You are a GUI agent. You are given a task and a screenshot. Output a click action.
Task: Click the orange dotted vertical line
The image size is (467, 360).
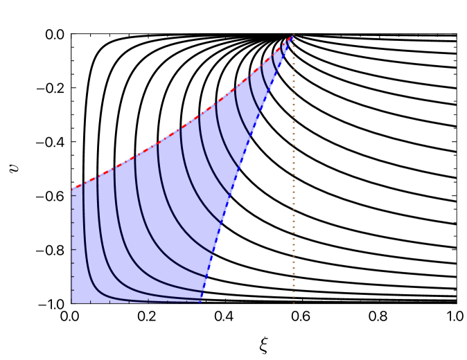tap(293, 173)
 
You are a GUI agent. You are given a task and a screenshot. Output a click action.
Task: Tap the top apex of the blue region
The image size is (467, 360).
tap(292, 37)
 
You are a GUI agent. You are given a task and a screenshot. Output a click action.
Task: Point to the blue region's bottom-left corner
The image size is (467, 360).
tap(73, 302)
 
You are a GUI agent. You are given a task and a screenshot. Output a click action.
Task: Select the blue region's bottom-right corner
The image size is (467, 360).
tap(201, 302)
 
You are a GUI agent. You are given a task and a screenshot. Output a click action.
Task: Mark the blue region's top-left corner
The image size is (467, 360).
tap(73, 189)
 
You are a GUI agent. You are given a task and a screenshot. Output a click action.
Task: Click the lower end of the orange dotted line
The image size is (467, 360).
tap(293, 301)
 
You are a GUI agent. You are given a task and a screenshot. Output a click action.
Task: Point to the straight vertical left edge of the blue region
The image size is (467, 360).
tap(72, 249)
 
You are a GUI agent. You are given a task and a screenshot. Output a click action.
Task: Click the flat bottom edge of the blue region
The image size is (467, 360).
tap(139, 303)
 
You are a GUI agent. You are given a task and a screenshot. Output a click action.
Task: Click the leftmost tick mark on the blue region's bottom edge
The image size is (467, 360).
tap(91, 301)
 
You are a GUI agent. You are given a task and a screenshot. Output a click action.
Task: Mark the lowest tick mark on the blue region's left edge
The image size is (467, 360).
tap(73, 291)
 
